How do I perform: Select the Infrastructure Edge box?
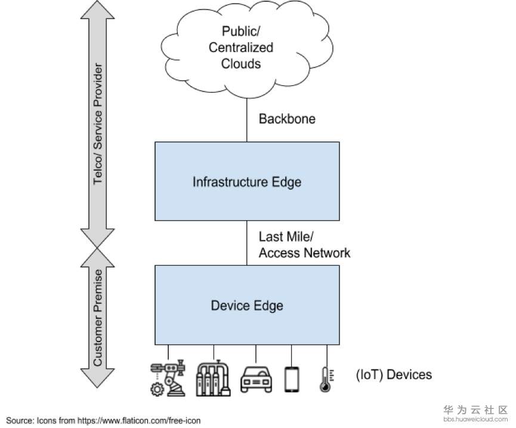tap(247, 181)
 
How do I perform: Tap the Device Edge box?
tap(247, 306)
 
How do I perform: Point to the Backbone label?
tap(287, 119)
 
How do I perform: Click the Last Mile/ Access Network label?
tap(304, 244)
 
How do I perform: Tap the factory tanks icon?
tap(212, 377)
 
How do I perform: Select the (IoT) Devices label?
tap(393, 375)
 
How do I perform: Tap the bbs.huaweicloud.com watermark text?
tap(475, 420)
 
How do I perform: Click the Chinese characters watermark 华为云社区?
tap(475, 409)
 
